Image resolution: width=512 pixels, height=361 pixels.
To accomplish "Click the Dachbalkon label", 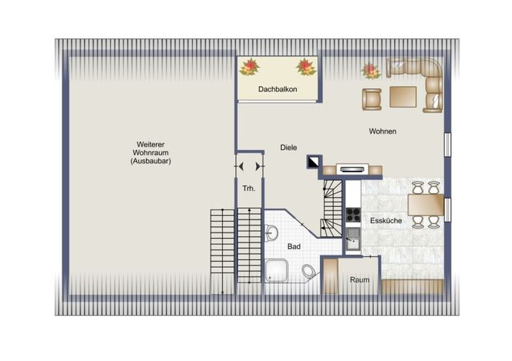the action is click(278, 89).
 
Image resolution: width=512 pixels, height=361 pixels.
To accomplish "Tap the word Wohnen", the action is click(383, 131).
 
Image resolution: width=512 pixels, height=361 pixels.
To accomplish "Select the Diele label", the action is click(289, 147).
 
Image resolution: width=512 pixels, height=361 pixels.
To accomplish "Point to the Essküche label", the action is click(386, 221).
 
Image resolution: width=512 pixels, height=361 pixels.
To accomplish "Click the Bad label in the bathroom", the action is click(294, 246).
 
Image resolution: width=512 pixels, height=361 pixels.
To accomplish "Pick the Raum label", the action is click(360, 280).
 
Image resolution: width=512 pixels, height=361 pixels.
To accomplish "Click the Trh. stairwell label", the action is click(249, 189).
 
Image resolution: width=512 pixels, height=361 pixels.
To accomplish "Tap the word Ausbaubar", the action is click(151, 161).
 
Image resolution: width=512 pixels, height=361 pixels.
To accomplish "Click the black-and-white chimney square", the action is click(313, 162).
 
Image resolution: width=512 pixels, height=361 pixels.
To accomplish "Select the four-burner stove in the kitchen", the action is click(353, 215).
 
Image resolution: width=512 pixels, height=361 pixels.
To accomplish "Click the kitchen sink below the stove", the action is click(353, 239).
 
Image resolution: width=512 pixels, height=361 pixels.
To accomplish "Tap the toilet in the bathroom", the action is click(309, 271).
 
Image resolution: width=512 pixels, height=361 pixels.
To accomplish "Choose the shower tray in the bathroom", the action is click(276, 271).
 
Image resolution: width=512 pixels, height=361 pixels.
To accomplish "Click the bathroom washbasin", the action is click(271, 233).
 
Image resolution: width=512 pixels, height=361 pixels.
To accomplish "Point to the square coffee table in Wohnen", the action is click(403, 96).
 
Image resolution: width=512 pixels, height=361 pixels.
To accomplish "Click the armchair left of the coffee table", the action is click(372, 99).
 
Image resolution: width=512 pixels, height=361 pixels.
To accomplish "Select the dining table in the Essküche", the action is click(426, 205).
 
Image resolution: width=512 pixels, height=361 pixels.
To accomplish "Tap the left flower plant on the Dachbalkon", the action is click(250, 67).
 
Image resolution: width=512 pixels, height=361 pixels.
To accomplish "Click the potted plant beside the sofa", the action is click(371, 71).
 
